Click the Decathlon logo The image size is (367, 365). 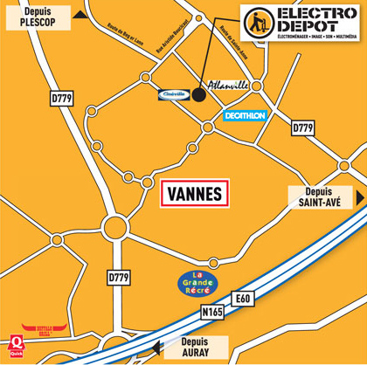pyautogui.click(x=244, y=115)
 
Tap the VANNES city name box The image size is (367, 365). pyautogui.click(x=195, y=193)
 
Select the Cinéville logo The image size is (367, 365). pyautogui.click(x=174, y=94)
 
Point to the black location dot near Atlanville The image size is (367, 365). pyautogui.click(x=198, y=95)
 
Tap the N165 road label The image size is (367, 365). pyautogui.click(x=212, y=311)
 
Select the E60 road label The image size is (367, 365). pyautogui.click(x=242, y=299)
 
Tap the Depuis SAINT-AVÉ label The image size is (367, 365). pyautogui.click(x=319, y=196)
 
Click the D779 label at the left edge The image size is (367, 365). pyautogui.click(x=61, y=99)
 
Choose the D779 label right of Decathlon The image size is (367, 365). pyautogui.click(x=302, y=128)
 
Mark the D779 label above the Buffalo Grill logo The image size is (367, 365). pyautogui.click(x=119, y=278)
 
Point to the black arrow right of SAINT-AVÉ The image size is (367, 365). pyautogui.click(x=359, y=196)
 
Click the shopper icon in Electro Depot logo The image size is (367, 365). pyautogui.click(x=257, y=22)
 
